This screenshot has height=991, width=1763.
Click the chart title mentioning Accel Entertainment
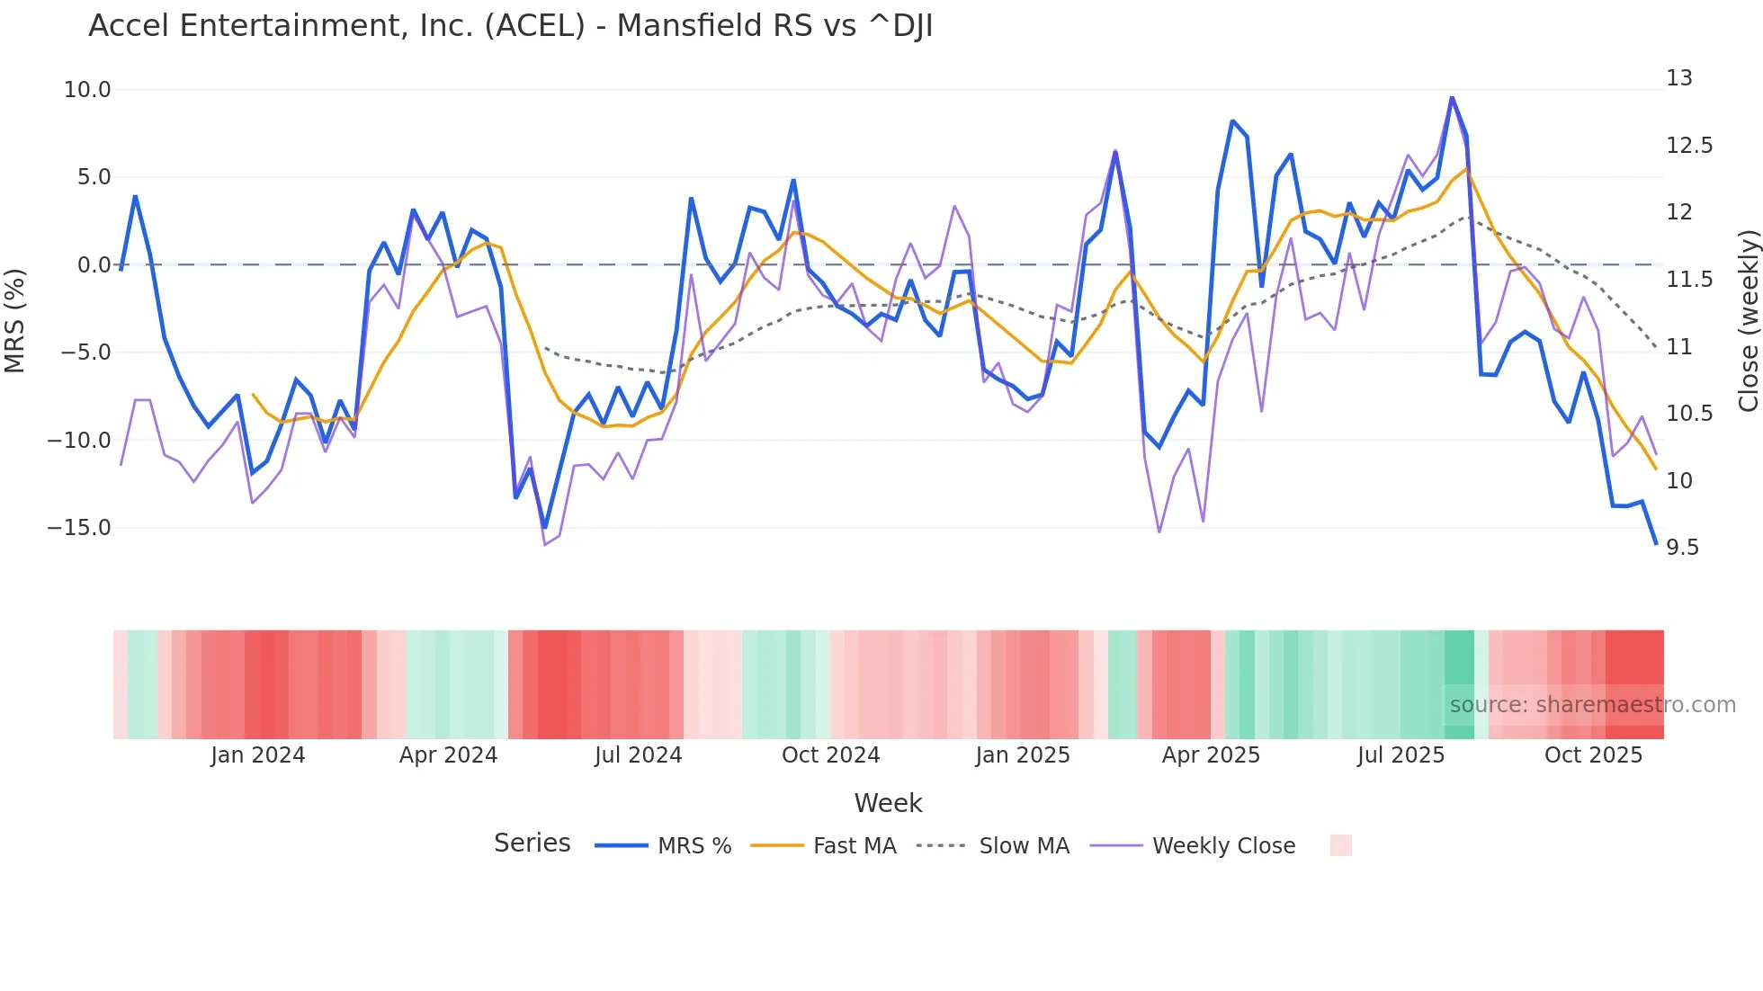pyautogui.click(x=510, y=26)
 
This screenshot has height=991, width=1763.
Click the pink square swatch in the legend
pyautogui.click(x=1340, y=845)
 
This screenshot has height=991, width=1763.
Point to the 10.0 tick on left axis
pyautogui.click(x=87, y=90)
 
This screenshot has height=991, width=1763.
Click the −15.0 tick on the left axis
pyautogui.click(x=79, y=528)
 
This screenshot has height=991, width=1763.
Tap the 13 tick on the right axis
pyautogui.click(x=1678, y=78)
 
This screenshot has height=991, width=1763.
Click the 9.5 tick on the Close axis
pyautogui.click(x=1682, y=548)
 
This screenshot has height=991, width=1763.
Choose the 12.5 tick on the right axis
pyautogui.click(x=1688, y=146)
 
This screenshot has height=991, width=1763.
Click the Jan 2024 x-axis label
pyautogui.click(x=258, y=755)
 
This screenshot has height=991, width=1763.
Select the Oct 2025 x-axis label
pyautogui.click(x=1593, y=755)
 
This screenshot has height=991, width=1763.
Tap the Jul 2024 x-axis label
pyautogui.click(x=638, y=755)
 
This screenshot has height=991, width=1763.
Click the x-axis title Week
pyautogui.click(x=888, y=803)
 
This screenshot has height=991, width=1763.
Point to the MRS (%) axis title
pyautogui.click(x=15, y=321)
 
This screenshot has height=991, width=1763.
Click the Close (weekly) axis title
pyautogui.click(x=1748, y=321)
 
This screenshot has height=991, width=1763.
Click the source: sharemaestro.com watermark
pyautogui.click(x=1592, y=705)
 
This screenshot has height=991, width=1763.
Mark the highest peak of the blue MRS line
pyautogui.click(x=1452, y=97)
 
